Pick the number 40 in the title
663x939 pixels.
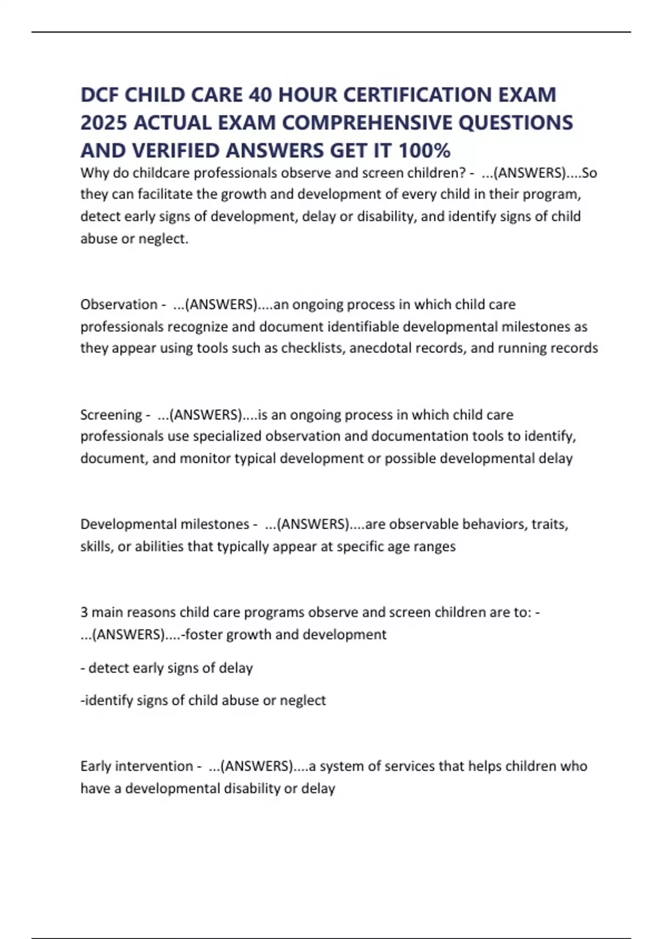[260, 95]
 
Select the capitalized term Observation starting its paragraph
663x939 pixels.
[119, 304]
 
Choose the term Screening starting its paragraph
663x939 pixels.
[111, 415]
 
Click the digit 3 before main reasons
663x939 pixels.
[84, 612]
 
